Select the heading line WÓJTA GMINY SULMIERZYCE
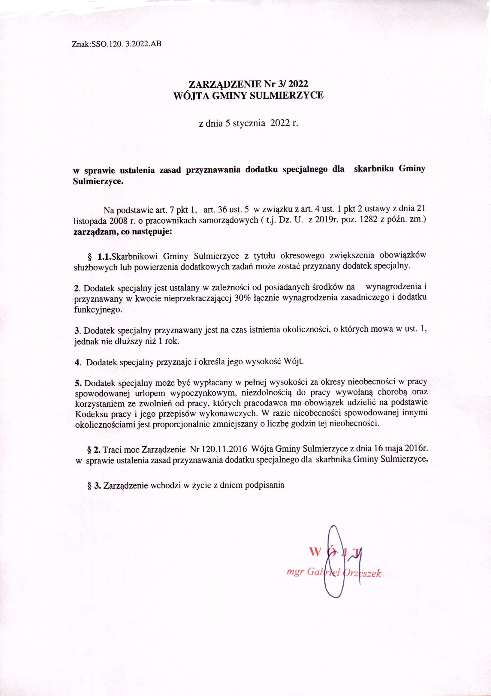tap(248, 96)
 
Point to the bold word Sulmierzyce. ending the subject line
tap(98, 182)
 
